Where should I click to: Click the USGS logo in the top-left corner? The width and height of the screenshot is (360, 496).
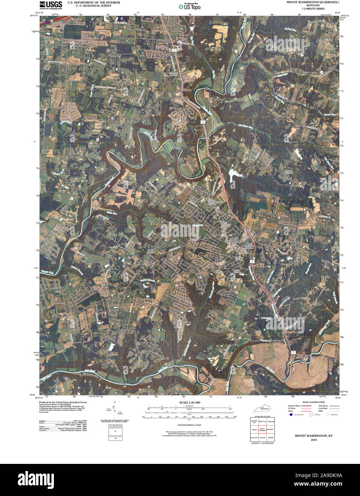click(51, 5)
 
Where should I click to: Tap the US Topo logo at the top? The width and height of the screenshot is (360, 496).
click(189, 6)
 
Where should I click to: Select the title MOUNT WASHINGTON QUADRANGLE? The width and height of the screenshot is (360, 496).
click(313, 2)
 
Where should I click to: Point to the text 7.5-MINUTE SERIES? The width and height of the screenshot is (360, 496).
click(313, 9)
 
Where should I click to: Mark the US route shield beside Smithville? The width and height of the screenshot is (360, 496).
click(293, 352)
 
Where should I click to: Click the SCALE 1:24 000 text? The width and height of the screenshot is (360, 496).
click(189, 403)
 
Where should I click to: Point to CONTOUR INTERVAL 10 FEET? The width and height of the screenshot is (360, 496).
click(189, 425)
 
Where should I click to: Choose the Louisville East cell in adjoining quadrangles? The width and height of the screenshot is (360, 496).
click(254, 422)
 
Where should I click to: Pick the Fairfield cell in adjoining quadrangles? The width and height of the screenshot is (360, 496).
click(270, 437)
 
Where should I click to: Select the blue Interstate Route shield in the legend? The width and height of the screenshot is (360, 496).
click(291, 415)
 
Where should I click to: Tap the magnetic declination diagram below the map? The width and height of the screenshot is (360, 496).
click(114, 410)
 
